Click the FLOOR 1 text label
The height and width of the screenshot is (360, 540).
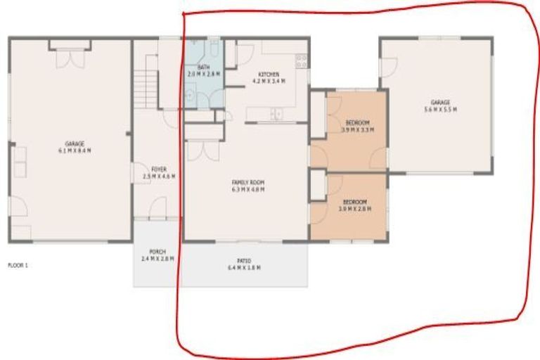[18, 266]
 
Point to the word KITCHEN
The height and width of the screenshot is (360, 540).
[269, 75]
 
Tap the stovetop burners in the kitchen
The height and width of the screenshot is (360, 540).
[301, 62]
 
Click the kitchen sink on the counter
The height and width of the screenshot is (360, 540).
[276, 113]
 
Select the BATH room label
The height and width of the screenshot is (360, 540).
[203, 67]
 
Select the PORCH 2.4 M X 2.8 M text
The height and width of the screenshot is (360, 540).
[157, 255]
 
